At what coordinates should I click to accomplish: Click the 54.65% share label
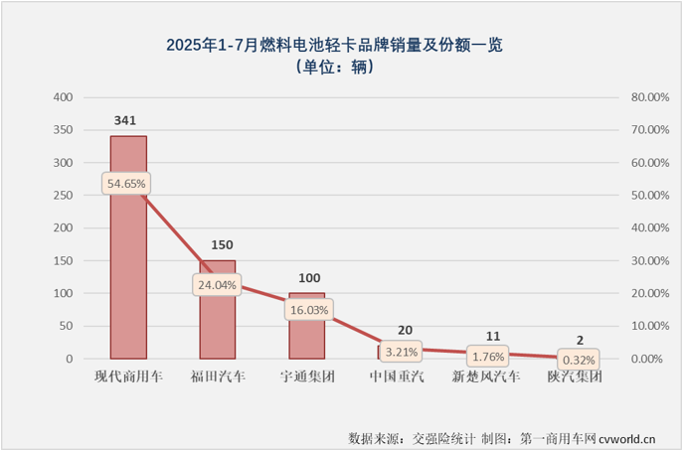point(126,184)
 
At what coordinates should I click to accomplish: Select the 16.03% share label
point(307,309)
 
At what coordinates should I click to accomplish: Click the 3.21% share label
point(397,350)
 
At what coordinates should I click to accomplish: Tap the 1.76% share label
point(486,355)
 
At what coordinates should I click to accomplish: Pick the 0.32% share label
point(577,360)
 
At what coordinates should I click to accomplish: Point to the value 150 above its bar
point(218,244)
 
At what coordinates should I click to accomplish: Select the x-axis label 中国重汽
point(397,377)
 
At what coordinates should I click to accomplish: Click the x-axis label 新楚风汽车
point(486,377)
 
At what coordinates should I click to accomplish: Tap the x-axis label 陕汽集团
point(576,377)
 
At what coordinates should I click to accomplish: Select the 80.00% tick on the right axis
point(648,97)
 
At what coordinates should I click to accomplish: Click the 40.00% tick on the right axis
point(648,228)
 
